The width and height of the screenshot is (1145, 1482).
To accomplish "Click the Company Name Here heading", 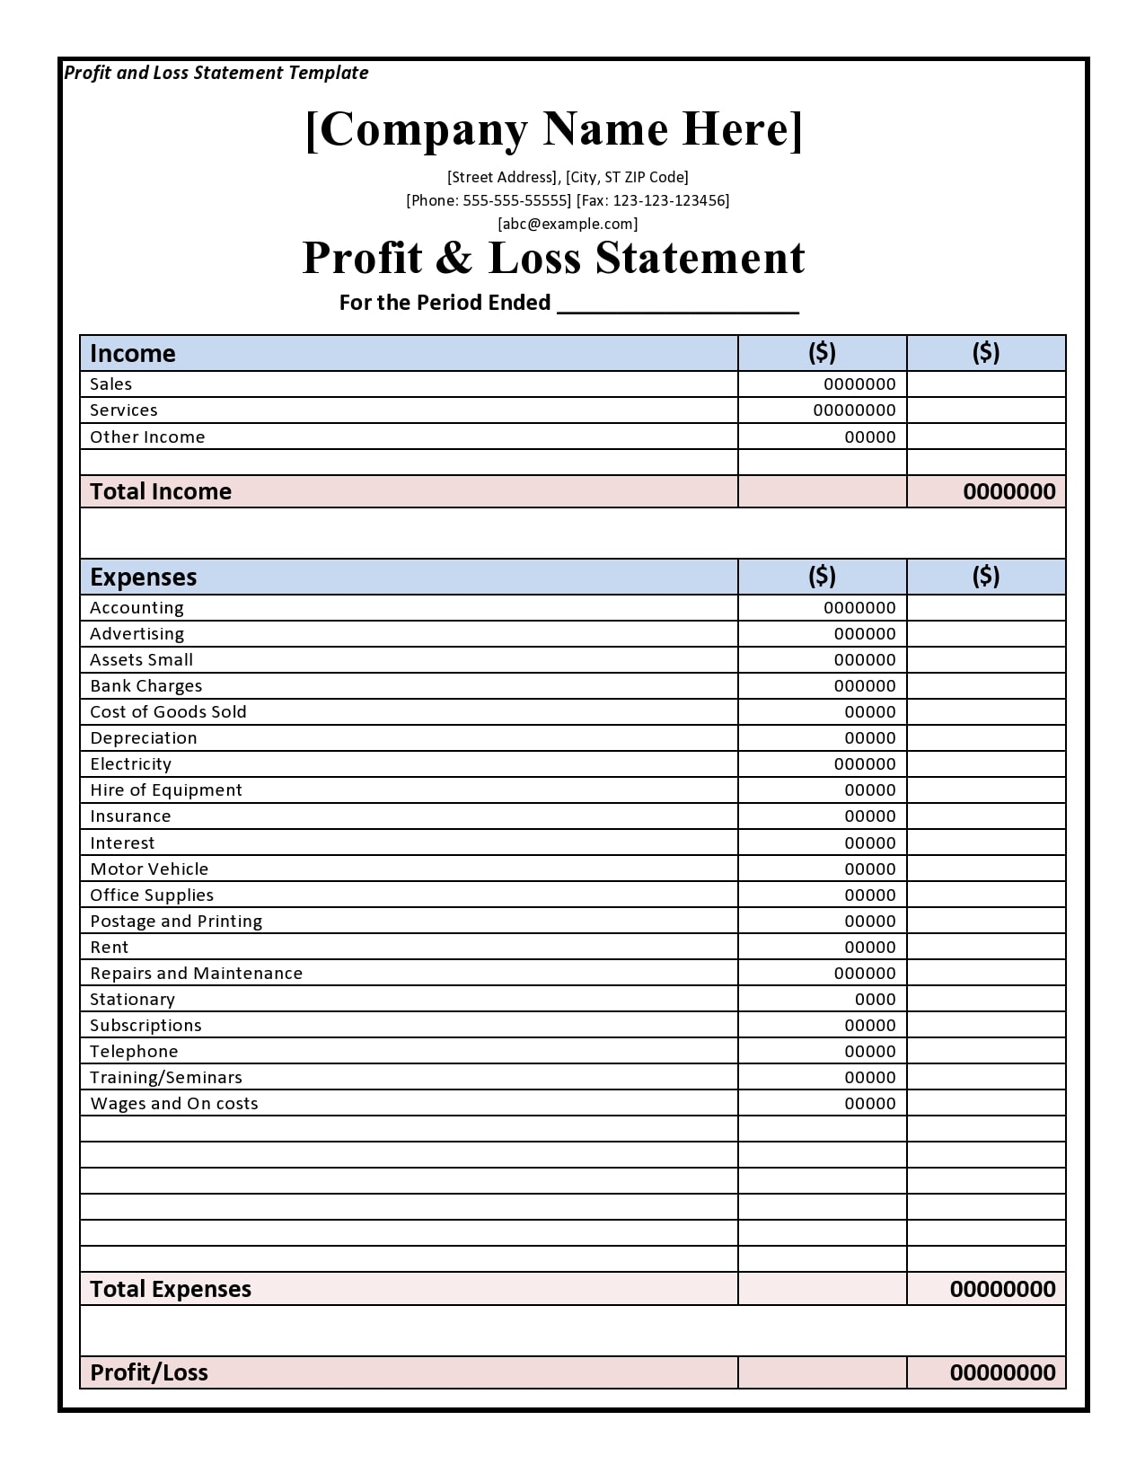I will (554, 129).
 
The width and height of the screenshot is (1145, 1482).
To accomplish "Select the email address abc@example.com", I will (568, 224).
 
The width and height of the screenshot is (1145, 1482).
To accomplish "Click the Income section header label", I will (133, 353).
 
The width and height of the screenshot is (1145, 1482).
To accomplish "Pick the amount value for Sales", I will (859, 384).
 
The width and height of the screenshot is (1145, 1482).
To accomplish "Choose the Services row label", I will (124, 410).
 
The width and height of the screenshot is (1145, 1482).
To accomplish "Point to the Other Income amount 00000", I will (869, 437).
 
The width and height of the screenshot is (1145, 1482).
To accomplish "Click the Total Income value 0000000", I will (1008, 491).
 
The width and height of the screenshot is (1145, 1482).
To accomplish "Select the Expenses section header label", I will (144, 577).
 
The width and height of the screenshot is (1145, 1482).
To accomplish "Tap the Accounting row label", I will (137, 608).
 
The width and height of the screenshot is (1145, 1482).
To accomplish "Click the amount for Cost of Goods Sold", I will (869, 712).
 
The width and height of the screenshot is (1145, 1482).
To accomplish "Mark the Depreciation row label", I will (144, 738).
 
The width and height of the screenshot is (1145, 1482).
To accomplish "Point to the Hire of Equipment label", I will (166, 790).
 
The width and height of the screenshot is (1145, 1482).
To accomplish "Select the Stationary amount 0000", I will (875, 1000).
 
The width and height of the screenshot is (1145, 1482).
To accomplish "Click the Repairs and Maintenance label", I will (196, 974).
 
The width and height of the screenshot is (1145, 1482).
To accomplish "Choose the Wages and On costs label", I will (174, 1104).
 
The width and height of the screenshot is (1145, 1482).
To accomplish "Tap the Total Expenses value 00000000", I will (1002, 1289).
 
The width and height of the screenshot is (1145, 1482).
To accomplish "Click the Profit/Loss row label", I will (149, 1372).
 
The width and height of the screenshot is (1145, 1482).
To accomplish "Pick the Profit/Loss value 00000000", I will (1002, 1372).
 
